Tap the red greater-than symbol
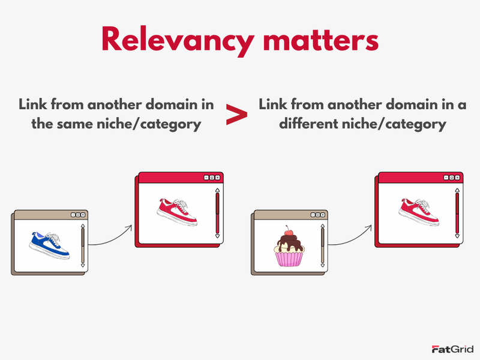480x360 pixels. (x=236, y=115)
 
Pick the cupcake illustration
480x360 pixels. (x=290, y=248)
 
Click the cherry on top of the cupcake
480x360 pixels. (x=289, y=231)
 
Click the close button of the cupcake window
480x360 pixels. (x=323, y=214)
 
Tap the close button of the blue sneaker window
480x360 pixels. (x=83, y=214)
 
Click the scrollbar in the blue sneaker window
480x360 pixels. (x=83, y=246)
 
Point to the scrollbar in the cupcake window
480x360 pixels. (x=323, y=246)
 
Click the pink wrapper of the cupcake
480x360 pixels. (x=290, y=259)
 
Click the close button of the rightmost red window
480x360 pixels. (x=458, y=178)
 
